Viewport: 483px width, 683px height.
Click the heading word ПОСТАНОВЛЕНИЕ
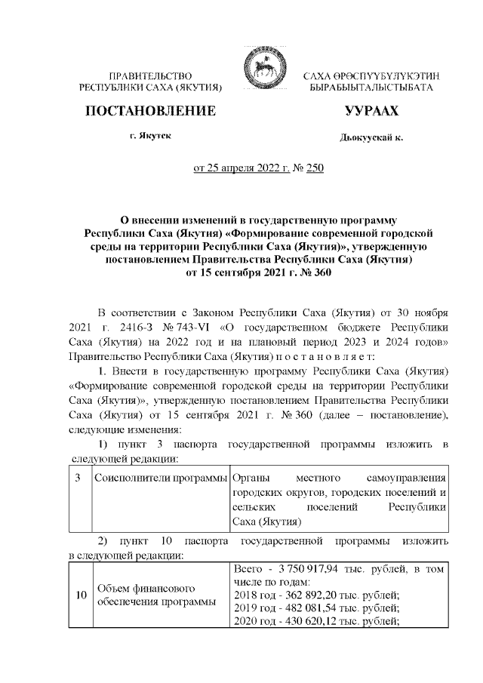[x=150, y=111]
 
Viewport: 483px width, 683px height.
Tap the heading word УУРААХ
[x=371, y=112]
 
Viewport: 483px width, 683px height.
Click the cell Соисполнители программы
[x=161, y=478]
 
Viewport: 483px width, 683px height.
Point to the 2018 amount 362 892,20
[x=307, y=595]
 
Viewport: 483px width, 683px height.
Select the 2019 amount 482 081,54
[x=307, y=608]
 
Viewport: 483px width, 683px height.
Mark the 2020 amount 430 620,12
[x=307, y=622]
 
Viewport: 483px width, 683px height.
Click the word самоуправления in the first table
[x=406, y=478]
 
